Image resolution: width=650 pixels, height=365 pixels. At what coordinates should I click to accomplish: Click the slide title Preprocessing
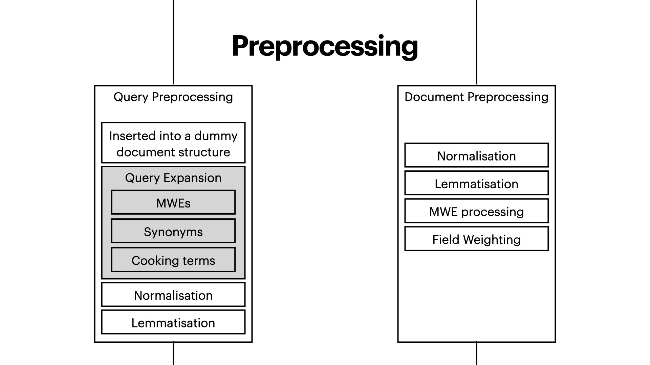[325, 46]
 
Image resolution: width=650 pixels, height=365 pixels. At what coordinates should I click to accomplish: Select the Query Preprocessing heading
[173, 97]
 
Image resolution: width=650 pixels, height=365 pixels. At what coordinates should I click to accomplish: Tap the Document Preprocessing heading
[476, 97]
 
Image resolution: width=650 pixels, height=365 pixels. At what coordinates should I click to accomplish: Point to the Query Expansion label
[173, 178]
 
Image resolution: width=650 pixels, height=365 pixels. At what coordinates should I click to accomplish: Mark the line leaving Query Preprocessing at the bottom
[173, 354]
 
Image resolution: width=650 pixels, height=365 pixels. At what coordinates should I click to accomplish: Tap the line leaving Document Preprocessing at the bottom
[477, 354]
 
